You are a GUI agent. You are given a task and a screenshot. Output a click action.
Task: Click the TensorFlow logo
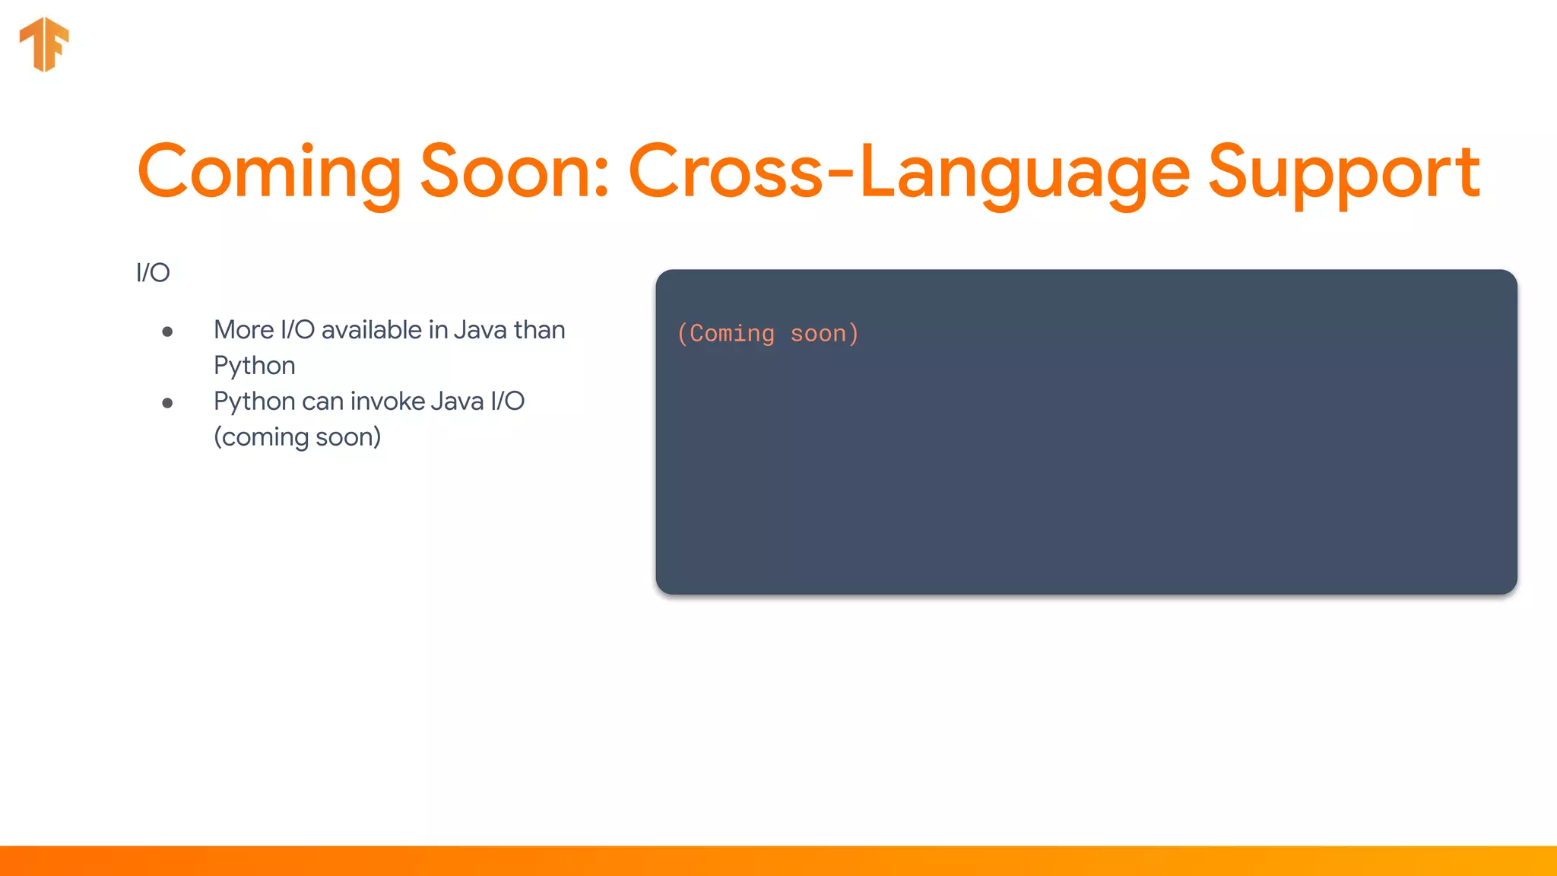44,44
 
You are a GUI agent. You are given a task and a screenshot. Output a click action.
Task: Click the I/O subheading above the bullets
153,272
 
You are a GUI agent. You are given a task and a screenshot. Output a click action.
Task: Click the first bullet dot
167,332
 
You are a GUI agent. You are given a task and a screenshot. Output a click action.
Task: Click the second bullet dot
167,403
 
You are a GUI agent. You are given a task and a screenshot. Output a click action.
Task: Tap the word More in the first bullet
243,330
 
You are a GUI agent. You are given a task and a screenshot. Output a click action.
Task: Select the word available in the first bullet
371,330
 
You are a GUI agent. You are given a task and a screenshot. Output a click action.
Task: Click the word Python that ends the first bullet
254,366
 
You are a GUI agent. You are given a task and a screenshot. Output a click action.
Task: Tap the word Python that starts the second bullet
254,401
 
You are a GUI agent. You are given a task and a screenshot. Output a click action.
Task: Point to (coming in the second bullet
261,437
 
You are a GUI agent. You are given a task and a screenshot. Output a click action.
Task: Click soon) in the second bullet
348,437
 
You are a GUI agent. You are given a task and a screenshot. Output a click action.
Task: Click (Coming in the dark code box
725,334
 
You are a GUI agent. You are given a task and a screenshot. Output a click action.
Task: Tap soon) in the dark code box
825,334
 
